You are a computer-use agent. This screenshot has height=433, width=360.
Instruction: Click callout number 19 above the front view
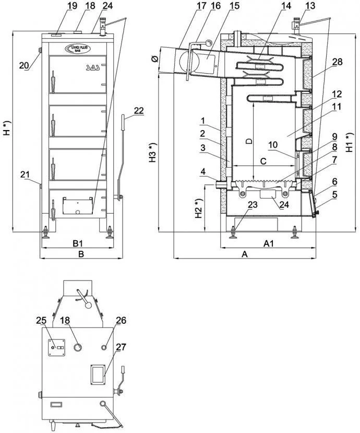point(57,6)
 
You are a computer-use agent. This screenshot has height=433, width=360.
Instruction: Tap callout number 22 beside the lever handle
point(138,111)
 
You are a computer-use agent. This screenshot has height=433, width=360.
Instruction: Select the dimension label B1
point(78,243)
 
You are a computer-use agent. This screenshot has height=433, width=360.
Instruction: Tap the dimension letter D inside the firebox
point(249,141)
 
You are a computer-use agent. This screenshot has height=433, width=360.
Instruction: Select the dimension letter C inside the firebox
point(263,161)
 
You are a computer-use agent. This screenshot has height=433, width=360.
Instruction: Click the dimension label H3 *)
point(152,153)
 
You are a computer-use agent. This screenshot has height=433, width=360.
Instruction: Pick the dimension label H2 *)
point(197,209)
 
